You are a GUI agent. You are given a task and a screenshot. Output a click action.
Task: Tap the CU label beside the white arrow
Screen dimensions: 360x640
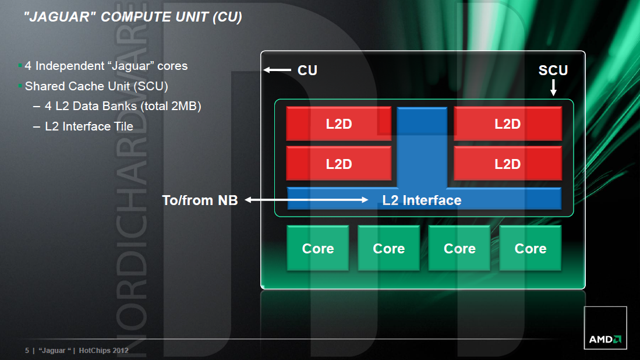click(307, 70)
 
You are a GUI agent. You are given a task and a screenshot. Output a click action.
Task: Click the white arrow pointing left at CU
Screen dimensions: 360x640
click(278, 70)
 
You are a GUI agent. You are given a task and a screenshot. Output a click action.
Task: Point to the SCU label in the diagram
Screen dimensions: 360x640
click(553, 70)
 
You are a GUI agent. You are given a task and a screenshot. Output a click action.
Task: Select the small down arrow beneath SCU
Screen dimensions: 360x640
click(553, 87)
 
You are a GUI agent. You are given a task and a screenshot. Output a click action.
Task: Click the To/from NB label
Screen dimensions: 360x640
click(200, 200)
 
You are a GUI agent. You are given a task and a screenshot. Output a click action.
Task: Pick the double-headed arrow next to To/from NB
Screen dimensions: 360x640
click(306, 200)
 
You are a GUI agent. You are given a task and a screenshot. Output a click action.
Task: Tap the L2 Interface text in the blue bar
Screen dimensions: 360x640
click(422, 200)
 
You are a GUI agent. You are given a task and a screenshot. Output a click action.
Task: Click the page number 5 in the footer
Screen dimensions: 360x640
click(27, 351)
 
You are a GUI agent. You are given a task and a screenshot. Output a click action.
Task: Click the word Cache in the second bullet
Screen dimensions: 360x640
click(79, 87)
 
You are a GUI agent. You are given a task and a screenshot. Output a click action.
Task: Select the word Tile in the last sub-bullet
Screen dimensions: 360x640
click(122, 126)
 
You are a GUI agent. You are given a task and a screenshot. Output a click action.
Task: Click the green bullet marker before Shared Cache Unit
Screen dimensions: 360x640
click(20, 86)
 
